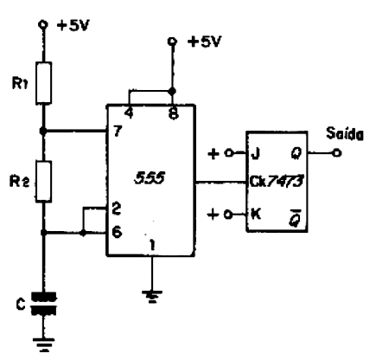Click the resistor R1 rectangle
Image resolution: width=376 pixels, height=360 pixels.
point(44,83)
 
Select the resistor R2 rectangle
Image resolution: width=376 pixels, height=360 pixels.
point(44,181)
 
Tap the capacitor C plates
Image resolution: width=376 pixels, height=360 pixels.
point(44,304)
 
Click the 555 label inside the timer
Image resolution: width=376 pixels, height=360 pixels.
point(150,177)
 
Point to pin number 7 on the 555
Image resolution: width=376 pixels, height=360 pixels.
point(118,132)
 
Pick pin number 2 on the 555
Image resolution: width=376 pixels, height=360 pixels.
point(117,209)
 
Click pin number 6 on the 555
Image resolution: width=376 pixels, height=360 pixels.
point(117,232)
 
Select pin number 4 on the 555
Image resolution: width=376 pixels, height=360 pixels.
point(129,113)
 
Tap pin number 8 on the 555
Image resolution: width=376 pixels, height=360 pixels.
point(174,114)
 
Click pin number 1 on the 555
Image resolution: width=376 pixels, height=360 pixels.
point(152,245)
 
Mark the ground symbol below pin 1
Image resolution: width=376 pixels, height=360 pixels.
point(152,296)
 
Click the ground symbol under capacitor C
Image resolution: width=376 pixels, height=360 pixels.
point(44,344)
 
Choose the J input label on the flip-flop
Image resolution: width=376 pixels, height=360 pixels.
point(255,154)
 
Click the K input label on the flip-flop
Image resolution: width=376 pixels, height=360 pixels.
point(256,214)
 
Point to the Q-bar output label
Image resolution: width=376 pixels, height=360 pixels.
point(296,219)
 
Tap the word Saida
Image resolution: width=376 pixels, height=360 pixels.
point(345,134)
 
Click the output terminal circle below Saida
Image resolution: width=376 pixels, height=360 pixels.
point(336,152)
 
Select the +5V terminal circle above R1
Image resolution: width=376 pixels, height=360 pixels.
point(43,24)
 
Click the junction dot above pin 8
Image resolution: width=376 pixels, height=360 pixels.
point(172,92)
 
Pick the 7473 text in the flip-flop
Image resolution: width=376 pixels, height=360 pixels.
point(285,182)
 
